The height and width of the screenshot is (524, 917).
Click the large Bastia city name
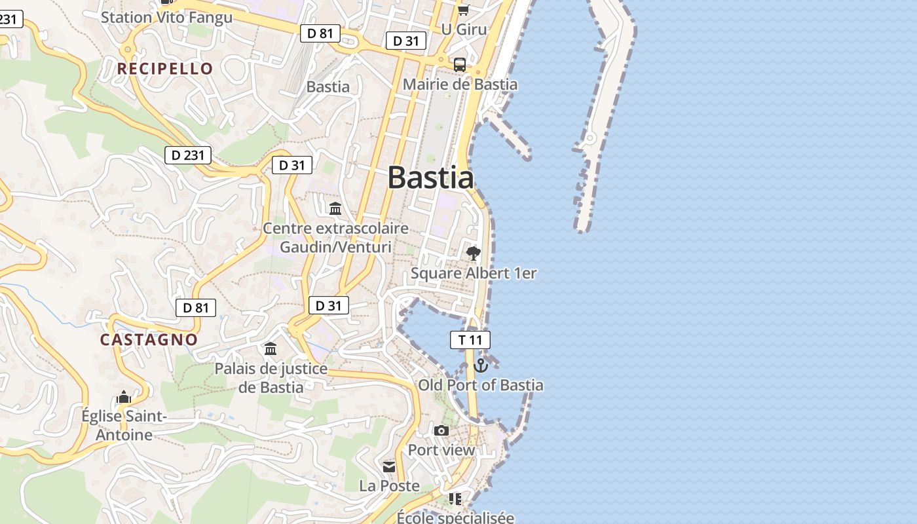(x=430, y=178)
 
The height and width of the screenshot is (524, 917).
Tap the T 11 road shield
(x=470, y=340)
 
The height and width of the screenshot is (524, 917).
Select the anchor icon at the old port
(x=481, y=365)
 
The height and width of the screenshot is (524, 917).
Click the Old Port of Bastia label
(x=481, y=385)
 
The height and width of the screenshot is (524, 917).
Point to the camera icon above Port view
(x=441, y=430)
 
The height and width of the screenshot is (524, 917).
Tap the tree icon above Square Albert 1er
(x=473, y=253)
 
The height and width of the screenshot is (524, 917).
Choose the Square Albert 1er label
(x=474, y=273)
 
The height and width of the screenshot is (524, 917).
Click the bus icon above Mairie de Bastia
(x=460, y=65)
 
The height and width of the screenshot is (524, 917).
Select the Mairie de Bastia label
(x=460, y=84)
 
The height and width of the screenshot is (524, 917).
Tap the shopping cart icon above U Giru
(x=463, y=10)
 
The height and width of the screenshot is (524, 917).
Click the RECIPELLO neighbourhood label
(x=165, y=69)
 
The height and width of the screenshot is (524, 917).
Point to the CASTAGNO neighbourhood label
(x=149, y=339)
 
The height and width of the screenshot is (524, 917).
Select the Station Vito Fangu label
(x=166, y=18)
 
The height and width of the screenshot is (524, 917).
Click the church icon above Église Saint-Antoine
(x=124, y=398)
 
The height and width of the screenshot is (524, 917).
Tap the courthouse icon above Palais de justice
(x=271, y=348)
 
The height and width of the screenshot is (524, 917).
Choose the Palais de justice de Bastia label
(x=271, y=378)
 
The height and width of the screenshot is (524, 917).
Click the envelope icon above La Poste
(x=389, y=466)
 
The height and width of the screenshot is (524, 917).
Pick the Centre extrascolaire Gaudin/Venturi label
(x=335, y=238)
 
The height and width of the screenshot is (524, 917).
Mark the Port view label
(x=441, y=450)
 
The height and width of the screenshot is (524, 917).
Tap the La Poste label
(x=389, y=485)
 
